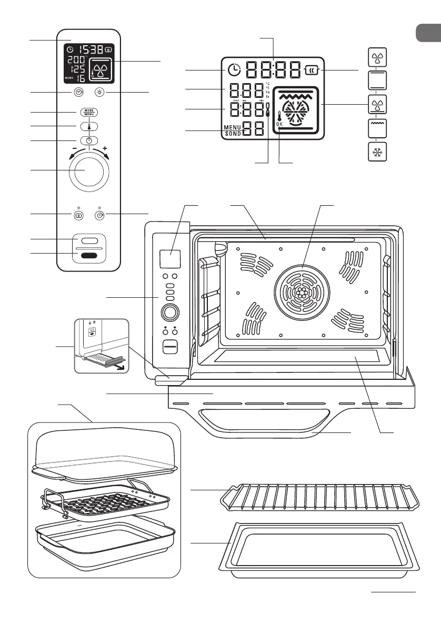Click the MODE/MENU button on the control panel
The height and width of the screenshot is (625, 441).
pyautogui.click(x=89, y=112)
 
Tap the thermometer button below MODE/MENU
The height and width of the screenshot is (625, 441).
pyautogui.click(x=89, y=126)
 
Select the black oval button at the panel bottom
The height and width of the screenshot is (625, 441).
pyautogui.click(x=89, y=256)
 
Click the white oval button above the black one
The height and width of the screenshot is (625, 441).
pyautogui.click(x=89, y=241)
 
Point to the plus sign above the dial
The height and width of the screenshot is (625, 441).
pyautogui.click(x=112, y=149)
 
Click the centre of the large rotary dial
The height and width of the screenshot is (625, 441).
pyautogui.click(x=89, y=173)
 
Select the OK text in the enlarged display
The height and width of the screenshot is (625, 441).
pyautogui.click(x=279, y=124)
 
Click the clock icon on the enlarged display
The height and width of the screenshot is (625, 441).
pyautogui.click(x=234, y=70)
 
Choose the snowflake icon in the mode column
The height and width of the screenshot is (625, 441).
pyautogui.click(x=376, y=152)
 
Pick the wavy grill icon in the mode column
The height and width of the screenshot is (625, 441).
pyautogui.click(x=376, y=128)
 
